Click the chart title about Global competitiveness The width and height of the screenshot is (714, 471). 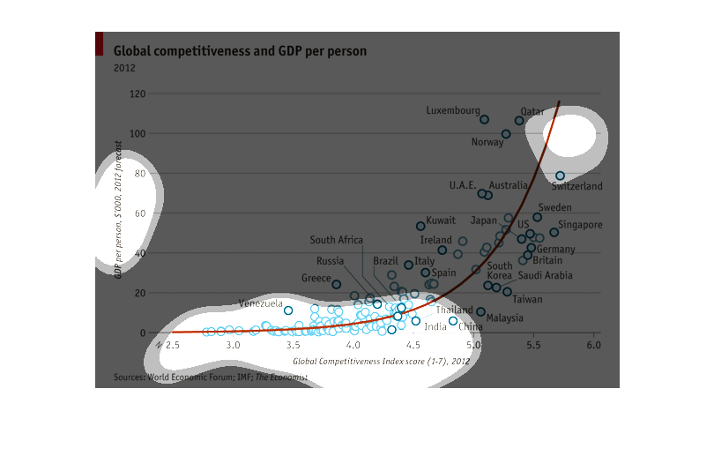click(x=240, y=52)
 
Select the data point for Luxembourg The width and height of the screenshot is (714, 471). click(x=484, y=119)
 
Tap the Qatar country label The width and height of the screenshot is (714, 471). click(x=532, y=112)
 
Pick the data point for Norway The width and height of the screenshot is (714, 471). click(x=506, y=134)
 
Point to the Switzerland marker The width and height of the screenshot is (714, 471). click(x=560, y=176)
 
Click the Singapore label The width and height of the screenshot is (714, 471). click(x=580, y=225)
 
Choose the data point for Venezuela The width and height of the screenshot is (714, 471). click(x=288, y=310)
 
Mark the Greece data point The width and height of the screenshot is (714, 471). click(x=336, y=284)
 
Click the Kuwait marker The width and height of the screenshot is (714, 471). click(x=420, y=226)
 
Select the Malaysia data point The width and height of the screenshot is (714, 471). click(x=480, y=311)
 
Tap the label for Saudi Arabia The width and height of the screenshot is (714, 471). click(x=545, y=276)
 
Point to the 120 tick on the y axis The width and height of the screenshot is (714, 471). click(x=138, y=93)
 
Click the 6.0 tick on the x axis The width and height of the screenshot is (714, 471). click(x=593, y=345)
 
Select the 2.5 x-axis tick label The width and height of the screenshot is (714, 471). click(x=171, y=345)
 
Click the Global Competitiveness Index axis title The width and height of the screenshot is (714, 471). click(x=381, y=361)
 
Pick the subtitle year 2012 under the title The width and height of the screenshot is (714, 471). click(x=124, y=68)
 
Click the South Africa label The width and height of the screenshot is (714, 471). click(x=336, y=240)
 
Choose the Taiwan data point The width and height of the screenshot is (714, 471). click(x=507, y=291)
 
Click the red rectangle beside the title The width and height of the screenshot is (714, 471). click(x=99, y=43)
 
